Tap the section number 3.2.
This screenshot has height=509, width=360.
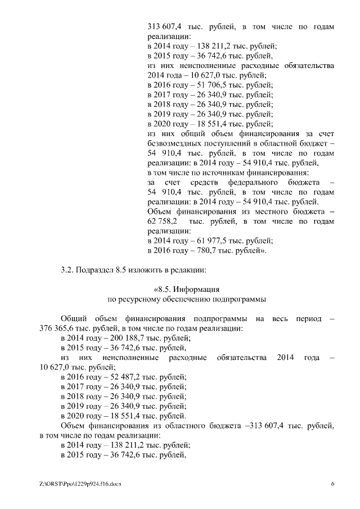(x=68, y=269)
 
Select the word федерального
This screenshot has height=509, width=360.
(x=255, y=183)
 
